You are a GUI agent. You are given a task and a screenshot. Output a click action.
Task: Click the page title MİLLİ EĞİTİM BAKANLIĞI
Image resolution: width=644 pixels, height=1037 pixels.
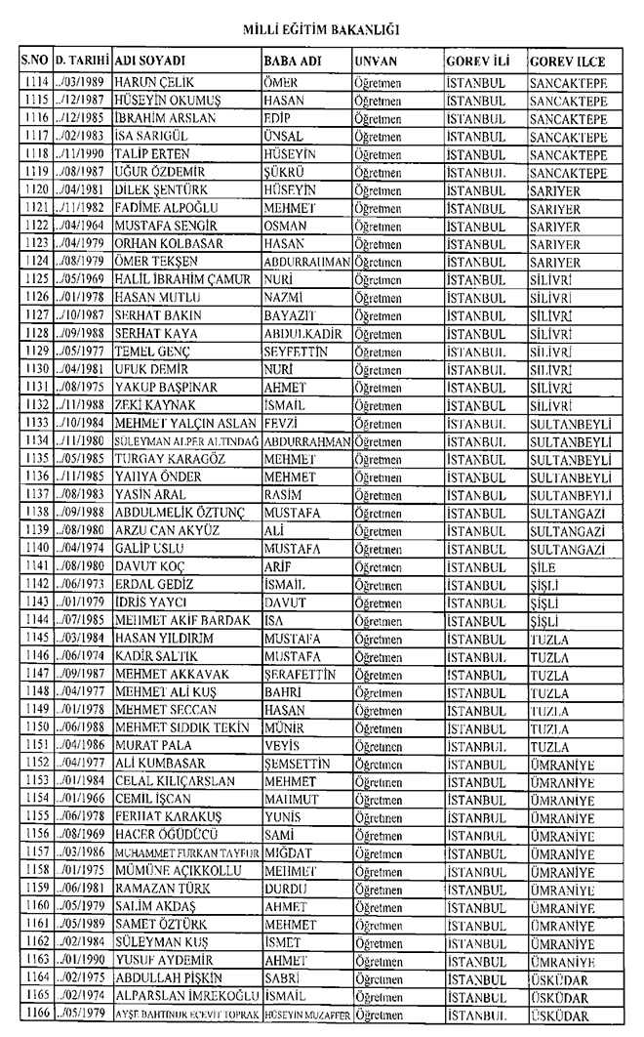(322, 30)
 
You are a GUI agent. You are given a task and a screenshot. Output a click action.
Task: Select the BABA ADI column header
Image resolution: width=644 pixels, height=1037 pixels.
(290, 61)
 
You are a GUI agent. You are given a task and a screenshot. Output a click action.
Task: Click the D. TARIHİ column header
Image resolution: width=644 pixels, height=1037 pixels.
(83, 61)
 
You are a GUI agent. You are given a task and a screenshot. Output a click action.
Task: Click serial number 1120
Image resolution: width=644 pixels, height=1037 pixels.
(35, 188)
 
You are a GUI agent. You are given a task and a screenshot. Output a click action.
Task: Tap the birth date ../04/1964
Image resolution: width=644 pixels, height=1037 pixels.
(83, 224)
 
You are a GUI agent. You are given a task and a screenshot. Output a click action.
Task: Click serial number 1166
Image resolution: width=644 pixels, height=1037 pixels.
(35, 1016)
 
